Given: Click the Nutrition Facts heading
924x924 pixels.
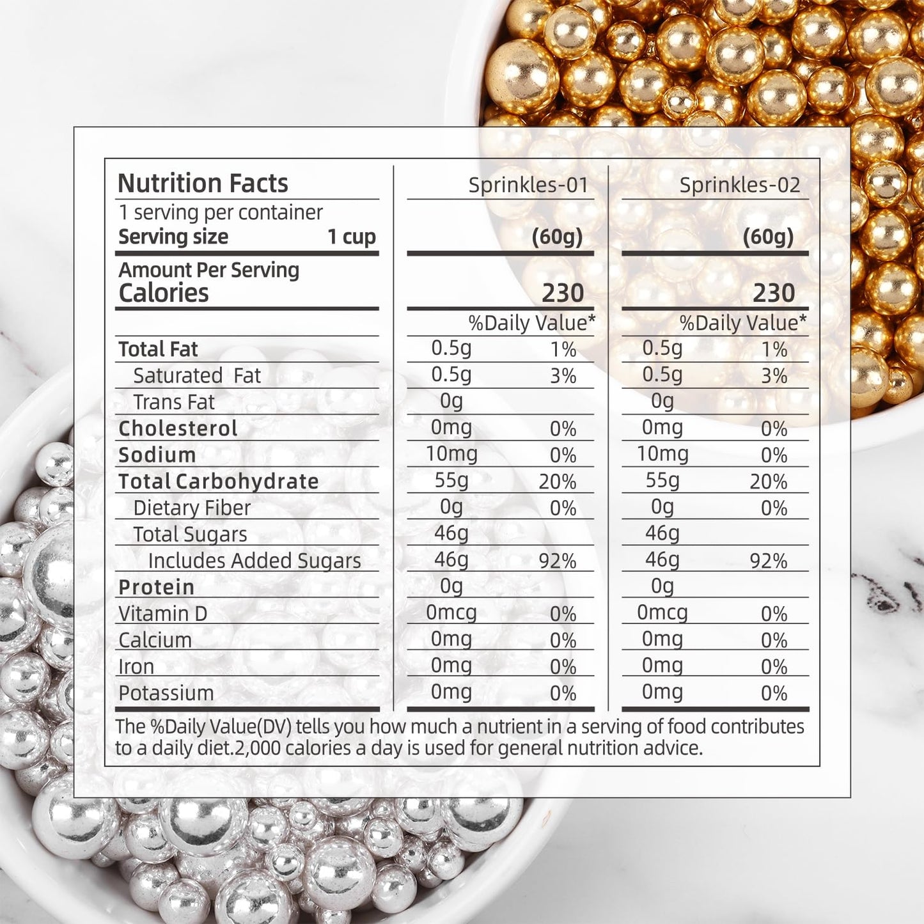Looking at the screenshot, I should [203, 184].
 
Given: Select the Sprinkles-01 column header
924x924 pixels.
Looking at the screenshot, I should [528, 185].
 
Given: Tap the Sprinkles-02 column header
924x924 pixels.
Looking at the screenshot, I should [739, 185].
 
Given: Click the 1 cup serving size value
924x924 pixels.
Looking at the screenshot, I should [351, 237].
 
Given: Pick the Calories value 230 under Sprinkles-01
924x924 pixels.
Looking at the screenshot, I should [563, 294].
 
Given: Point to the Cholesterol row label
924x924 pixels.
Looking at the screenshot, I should [178, 428].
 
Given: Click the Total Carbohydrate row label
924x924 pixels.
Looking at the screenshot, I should [218, 482].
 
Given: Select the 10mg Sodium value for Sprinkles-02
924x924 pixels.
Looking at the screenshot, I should [662, 454].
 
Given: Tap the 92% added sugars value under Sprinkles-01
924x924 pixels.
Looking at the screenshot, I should [557, 561].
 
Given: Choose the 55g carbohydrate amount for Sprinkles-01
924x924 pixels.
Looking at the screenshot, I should [451, 480].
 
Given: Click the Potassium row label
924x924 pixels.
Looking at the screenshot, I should [166, 693].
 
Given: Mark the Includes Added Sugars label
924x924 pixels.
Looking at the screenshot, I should [254, 561].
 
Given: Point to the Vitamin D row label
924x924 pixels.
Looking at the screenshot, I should [162, 614].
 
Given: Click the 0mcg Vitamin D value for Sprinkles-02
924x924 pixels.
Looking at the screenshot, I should [662, 613].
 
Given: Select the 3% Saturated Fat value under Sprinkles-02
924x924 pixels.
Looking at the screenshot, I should [774, 376].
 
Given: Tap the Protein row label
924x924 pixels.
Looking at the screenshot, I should [156, 587].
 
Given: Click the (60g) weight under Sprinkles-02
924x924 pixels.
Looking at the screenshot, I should [768, 237].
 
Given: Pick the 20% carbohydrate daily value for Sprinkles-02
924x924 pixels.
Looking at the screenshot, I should [768, 482].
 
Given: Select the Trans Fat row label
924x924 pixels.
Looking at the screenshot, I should [173, 402].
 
